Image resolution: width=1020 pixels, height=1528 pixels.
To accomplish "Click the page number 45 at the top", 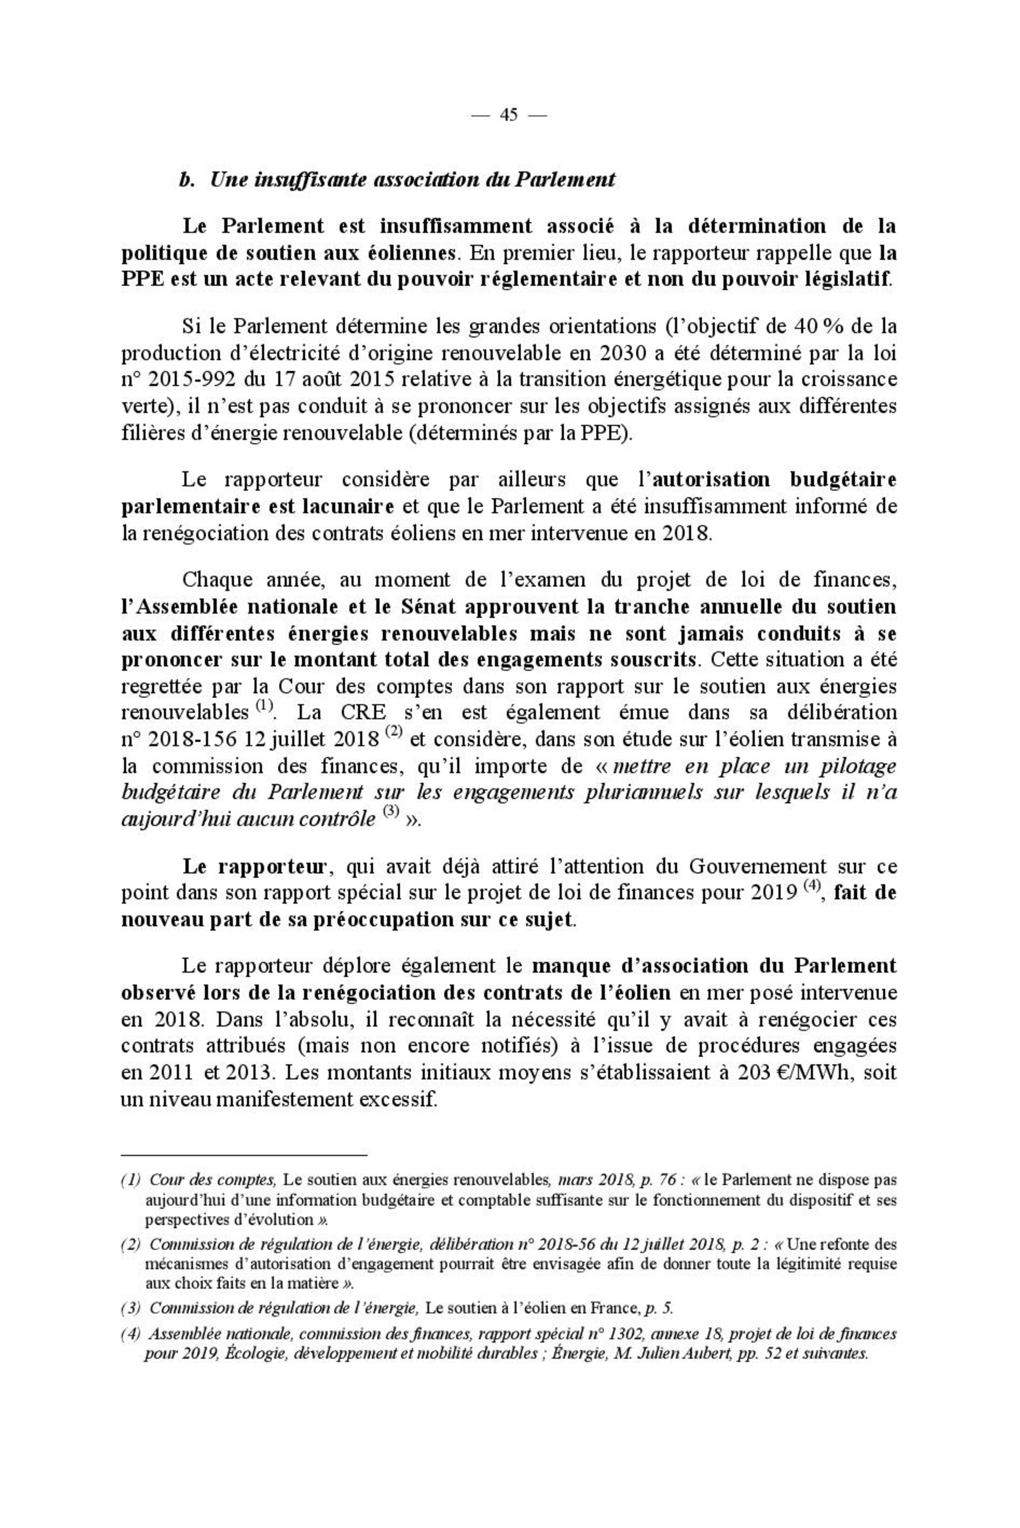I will [509, 115].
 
